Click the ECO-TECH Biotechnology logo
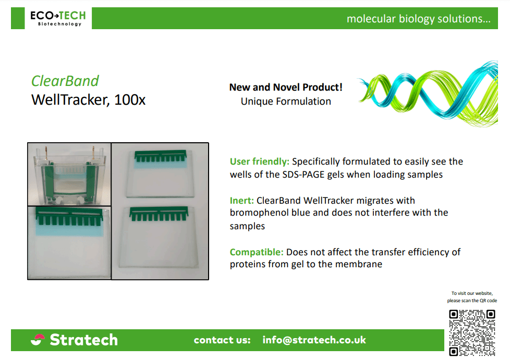58,19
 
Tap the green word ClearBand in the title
65,81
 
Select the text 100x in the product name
130,100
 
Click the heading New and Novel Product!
286,87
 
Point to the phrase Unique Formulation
286,102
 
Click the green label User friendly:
260,162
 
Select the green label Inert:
241,201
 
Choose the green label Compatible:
257,252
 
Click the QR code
472,333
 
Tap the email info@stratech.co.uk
314,340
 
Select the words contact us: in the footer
222,340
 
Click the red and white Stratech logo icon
38,340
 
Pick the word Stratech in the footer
83,340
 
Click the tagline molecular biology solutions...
419,19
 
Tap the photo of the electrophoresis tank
69,174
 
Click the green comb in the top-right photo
161,156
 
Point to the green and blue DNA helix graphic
428,93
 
